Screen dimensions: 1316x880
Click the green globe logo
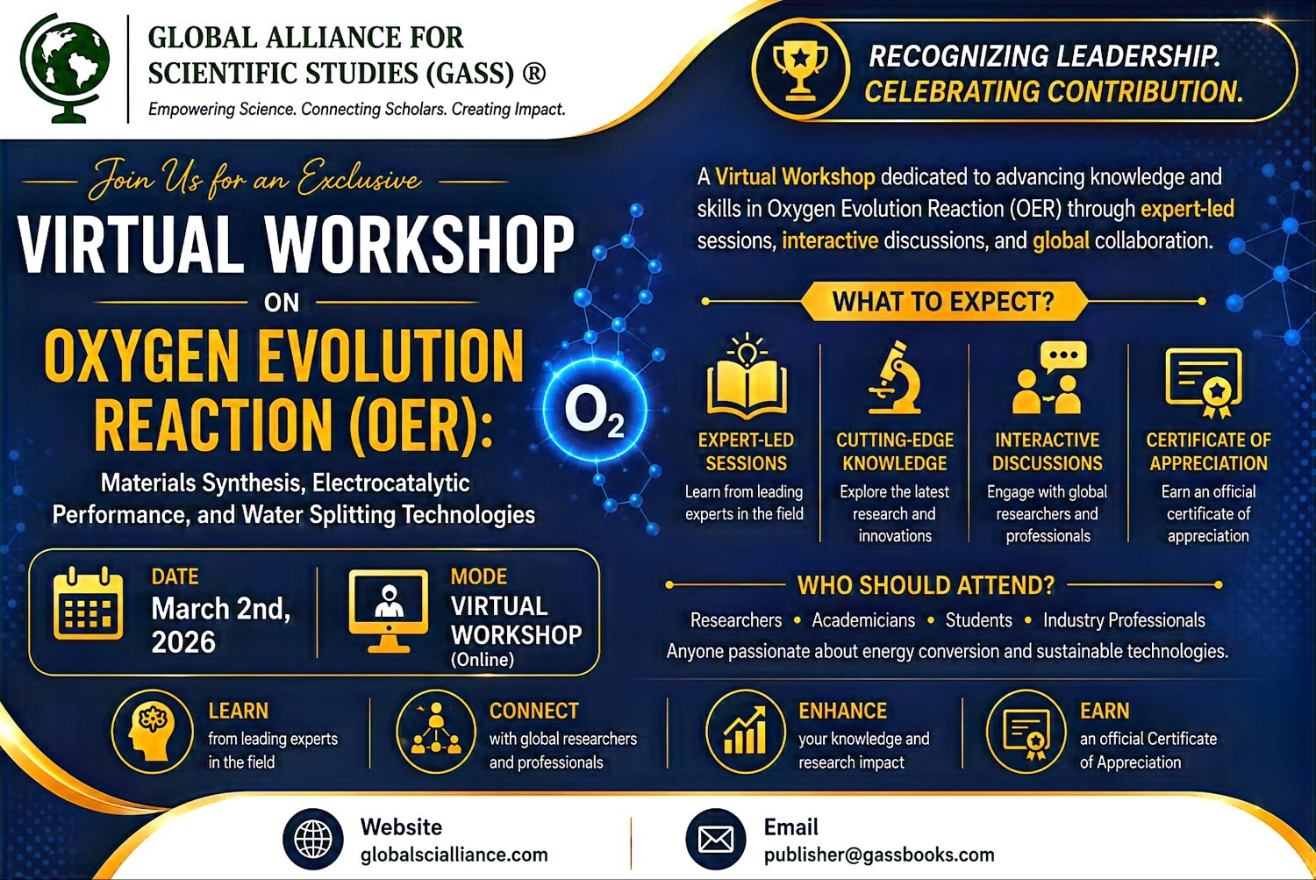tap(65, 68)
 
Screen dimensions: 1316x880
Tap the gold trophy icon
tap(800, 68)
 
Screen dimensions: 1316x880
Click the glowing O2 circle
tap(595, 410)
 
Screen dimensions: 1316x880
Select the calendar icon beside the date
tap(88, 604)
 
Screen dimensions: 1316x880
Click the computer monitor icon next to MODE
tap(389, 611)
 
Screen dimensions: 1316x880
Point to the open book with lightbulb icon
tap(747, 376)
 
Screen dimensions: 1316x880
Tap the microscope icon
tap(894, 377)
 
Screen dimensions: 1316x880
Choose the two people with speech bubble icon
tap(1048, 377)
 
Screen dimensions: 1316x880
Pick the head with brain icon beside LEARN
tap(152, 732)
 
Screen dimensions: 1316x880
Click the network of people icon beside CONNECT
tap(436, 732)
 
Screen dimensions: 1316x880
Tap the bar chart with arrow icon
tap(745, 732)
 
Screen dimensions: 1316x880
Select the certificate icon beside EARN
tap(1026, 732)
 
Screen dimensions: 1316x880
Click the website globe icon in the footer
tap(313, 839)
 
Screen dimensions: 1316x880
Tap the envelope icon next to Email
tap(716, 839)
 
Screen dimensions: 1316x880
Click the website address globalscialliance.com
tap(454, 855)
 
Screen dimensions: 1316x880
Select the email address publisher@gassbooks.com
tap(879, 855)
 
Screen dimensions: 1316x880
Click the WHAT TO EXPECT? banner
tap(944, 301)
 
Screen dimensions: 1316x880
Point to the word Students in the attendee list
tap(979, 620)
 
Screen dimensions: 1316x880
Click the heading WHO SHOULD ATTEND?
tap(926, 585)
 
